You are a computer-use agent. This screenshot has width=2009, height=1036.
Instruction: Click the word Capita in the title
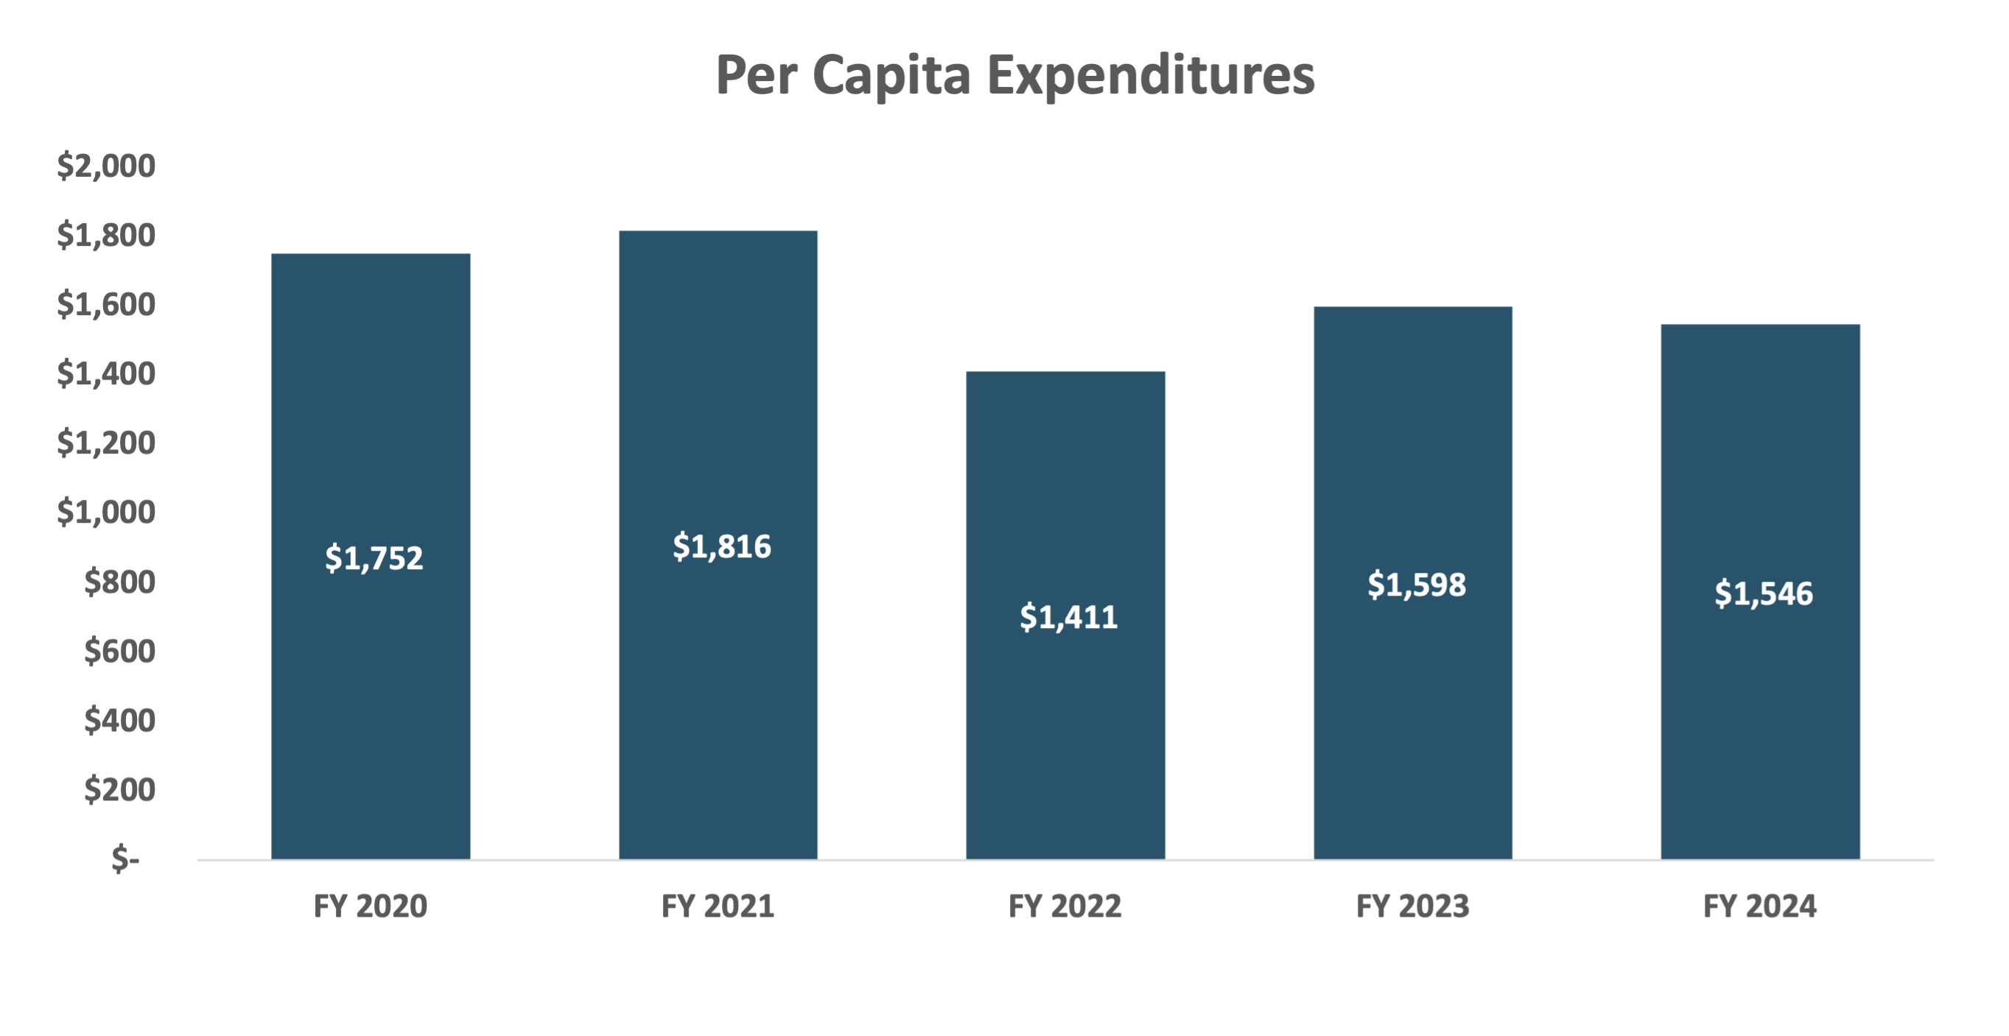click(891, 76)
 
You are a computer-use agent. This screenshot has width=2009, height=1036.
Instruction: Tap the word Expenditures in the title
click(1151, 76)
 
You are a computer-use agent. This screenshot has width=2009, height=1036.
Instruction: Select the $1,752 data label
click(374, 558)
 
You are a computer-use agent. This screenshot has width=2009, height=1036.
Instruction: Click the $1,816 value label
click(721, 546)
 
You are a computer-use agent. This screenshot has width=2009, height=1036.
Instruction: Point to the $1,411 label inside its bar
click(1068, 617)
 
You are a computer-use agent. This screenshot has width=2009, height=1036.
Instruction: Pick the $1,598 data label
click(1416, 585)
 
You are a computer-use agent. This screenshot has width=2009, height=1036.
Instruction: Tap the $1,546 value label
click(1764, 594)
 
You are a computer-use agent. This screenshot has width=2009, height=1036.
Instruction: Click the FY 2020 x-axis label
click(371, 906)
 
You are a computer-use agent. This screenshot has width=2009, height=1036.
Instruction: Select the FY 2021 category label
click(718, 906)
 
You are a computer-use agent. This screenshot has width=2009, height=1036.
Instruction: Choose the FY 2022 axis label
click(1065, 906)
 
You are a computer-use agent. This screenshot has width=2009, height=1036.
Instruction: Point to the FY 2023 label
click(1412, 906)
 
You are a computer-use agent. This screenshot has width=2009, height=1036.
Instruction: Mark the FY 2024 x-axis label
click(1759, 906)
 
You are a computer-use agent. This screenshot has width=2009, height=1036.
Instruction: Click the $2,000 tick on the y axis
click(106, 166)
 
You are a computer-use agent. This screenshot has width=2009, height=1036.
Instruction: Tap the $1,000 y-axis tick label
click(106, 512)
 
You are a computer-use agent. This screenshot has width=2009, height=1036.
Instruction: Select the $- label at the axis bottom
click(125, 859)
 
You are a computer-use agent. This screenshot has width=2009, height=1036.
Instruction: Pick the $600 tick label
click(119, 651)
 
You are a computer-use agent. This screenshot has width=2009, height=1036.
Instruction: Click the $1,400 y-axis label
click(106, 374)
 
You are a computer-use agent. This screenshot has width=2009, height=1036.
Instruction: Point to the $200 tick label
click(119, 789)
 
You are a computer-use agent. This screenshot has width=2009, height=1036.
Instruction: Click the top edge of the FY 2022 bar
click(1065, 373)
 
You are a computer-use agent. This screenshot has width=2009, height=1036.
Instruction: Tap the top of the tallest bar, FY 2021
click(718, 231)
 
